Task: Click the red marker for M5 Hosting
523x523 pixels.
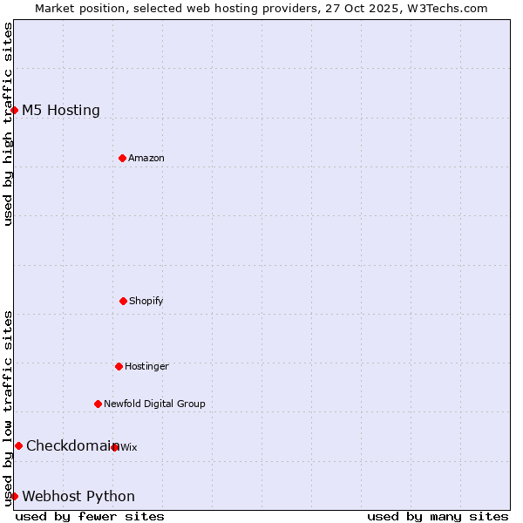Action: click(x=15, y=110)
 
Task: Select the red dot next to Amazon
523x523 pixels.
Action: click(x=122, y=158)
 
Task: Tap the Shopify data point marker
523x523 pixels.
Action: click(x=123, y=301)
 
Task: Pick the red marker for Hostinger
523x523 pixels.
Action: click(x=119, y=366)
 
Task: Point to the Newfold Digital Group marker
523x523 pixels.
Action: click(x=98, y=404)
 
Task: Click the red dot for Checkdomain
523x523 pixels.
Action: click(x=18, y=445)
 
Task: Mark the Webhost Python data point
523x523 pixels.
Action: click(x=15, y=496)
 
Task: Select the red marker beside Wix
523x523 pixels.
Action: click(x=115, y=447)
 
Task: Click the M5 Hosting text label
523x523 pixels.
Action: click(x=61, y=110)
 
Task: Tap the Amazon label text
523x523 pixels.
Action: click(x=146, y=158)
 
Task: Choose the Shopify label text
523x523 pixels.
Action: click(x=146, y=301)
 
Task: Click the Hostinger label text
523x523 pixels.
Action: click(x=146, y=366)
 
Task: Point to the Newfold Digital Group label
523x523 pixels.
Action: click(x=154, y=404)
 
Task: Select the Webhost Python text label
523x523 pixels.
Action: click(x=78, y=496)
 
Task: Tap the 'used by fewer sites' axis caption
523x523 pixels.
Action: click(x=90, y=516)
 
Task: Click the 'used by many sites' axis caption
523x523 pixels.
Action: click(x=438, y=516)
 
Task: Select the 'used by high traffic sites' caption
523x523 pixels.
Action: click(x=8, y=124)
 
